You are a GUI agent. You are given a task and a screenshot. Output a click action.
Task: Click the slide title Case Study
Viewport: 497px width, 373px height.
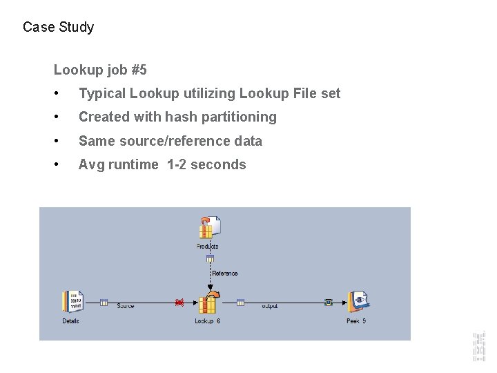tap(58, 28)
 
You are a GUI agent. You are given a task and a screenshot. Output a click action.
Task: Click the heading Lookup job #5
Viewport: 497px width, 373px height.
tap(100, 70)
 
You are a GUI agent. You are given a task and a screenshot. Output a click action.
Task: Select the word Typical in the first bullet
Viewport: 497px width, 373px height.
tap(101, 94)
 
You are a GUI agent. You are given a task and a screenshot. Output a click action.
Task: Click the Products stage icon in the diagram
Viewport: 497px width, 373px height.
tap(209, 228)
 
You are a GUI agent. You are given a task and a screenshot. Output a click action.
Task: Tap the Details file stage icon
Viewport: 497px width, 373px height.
tap(72, 302)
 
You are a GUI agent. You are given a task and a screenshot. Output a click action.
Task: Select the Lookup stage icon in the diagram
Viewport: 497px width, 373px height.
tap(208, 303)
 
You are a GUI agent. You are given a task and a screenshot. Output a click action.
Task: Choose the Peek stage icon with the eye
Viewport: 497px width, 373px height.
tap(358, 301)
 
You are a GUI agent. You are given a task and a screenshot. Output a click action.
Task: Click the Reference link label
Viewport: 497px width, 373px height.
tap(225, 274)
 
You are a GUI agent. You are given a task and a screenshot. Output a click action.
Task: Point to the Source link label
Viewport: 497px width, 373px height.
tap(126, 307)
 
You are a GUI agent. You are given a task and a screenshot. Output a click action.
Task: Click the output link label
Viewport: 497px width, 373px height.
tap(270, 307)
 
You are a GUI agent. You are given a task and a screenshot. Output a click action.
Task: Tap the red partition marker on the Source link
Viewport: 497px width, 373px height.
tap(179, 302)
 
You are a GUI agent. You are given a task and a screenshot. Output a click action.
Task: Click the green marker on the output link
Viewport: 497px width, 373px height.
tap(329, 302)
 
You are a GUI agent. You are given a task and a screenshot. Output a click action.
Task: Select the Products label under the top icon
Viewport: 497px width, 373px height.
tap(207, 247)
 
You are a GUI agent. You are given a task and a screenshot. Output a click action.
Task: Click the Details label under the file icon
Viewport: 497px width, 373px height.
tap(70, 321)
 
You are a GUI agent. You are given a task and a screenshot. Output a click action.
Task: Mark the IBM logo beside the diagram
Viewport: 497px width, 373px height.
tap(478, 346)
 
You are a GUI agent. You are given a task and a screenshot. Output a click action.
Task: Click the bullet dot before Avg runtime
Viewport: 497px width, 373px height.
tap(63, 165)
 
